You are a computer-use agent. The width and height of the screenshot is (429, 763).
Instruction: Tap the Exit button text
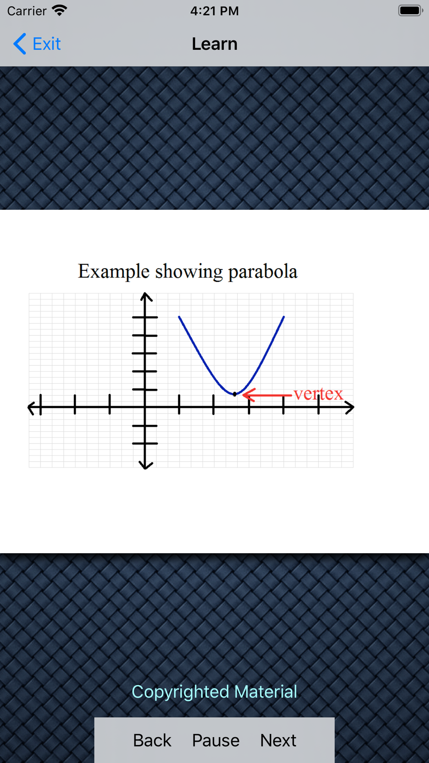[47, 44]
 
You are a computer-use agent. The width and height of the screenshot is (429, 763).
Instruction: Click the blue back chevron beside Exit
[20, 44]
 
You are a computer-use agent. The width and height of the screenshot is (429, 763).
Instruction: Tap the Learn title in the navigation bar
[214, 44]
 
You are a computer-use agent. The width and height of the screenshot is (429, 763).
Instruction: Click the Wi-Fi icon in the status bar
[59, 10]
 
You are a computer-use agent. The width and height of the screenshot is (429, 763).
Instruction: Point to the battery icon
[411, 10]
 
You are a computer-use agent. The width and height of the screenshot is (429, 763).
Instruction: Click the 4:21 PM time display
[214, 11]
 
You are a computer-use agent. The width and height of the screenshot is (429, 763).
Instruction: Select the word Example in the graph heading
[114, 272]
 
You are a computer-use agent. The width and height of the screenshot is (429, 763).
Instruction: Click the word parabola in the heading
[263, 272]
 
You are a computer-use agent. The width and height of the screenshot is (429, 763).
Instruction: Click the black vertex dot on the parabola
[235, 394]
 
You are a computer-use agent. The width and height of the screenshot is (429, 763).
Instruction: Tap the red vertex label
[318, 394]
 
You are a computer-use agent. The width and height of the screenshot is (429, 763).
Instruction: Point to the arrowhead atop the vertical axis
[146, 296]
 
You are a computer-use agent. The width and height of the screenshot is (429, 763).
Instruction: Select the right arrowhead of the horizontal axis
[350, 407]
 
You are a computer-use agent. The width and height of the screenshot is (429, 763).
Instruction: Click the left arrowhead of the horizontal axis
[31, 407]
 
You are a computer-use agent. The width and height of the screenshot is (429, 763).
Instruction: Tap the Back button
[152, 740]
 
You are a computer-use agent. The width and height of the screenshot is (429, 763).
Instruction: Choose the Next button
[278, 740]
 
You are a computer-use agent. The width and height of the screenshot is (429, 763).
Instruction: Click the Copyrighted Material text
[214, 692]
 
